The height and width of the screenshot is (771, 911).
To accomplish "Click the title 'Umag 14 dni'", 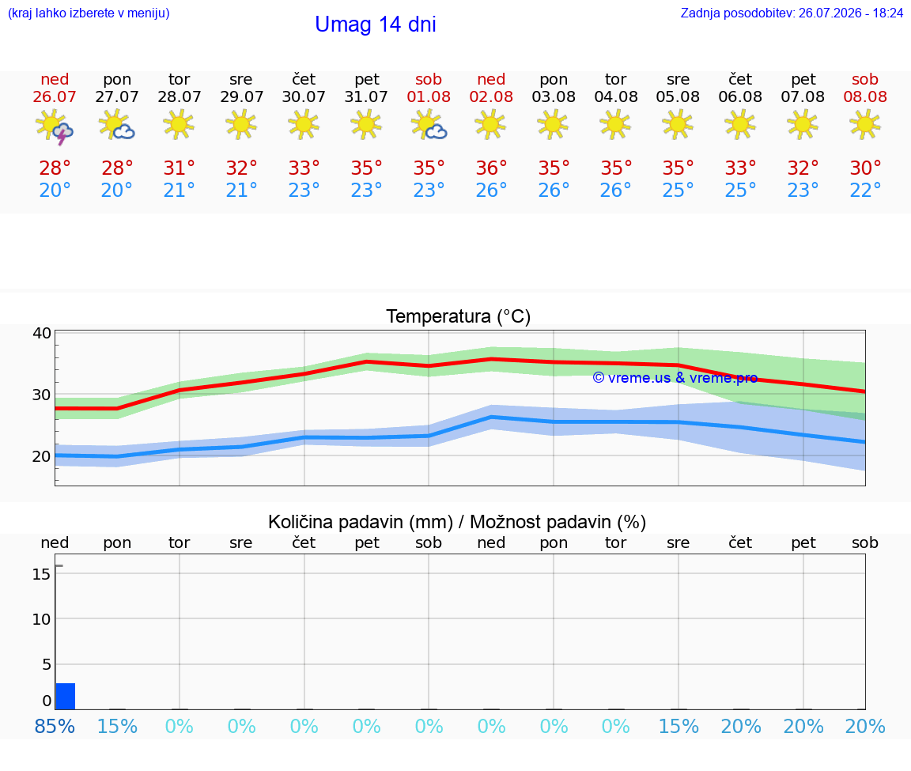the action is [376, 25].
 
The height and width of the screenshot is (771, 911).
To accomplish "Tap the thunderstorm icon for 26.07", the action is [54, 126].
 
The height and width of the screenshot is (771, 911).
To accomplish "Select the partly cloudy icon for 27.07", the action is [117, 125].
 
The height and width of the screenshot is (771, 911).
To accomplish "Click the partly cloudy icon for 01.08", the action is [429, 125].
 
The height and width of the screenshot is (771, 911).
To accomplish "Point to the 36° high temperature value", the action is [491, 168].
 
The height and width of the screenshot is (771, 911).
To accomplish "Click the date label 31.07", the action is [366, 97].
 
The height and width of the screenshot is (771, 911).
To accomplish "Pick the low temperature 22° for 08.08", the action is [865, 190].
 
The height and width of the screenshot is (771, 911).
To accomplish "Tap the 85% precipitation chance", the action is [55, 727].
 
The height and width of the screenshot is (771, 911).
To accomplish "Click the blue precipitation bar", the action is [66, 696].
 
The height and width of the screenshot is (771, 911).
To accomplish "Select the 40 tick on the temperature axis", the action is [42, 334].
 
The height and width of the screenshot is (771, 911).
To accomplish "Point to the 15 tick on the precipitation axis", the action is [41, 575].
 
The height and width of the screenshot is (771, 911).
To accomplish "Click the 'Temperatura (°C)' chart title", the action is [459, 316].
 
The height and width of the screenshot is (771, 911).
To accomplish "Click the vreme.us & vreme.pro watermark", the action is [675, 378].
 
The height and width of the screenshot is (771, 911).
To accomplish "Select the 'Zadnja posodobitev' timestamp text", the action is [792, 13].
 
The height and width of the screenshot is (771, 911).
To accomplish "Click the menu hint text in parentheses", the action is [89, 13].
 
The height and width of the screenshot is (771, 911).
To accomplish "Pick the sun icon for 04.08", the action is [615, 125].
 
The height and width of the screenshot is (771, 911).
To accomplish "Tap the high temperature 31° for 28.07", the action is [179, 168].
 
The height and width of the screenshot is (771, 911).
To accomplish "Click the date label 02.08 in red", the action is [491, 97].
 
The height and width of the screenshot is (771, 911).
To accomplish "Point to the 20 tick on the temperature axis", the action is [42, 457].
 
